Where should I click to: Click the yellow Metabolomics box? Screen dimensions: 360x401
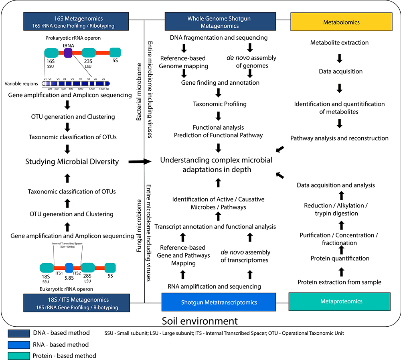(341, 22)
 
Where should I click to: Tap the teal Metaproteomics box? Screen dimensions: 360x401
(339, 301)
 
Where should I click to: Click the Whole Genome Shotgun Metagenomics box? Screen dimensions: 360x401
(219, 22)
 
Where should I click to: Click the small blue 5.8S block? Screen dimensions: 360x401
(69, 268)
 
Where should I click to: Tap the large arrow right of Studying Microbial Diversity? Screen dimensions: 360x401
(139, 162)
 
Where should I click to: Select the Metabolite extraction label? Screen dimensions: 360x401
(340, 43)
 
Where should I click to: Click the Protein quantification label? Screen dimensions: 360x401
(340, 258)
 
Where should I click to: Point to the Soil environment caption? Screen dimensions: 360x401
(200, 321)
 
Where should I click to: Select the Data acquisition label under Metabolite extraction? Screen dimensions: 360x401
(340, 71)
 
